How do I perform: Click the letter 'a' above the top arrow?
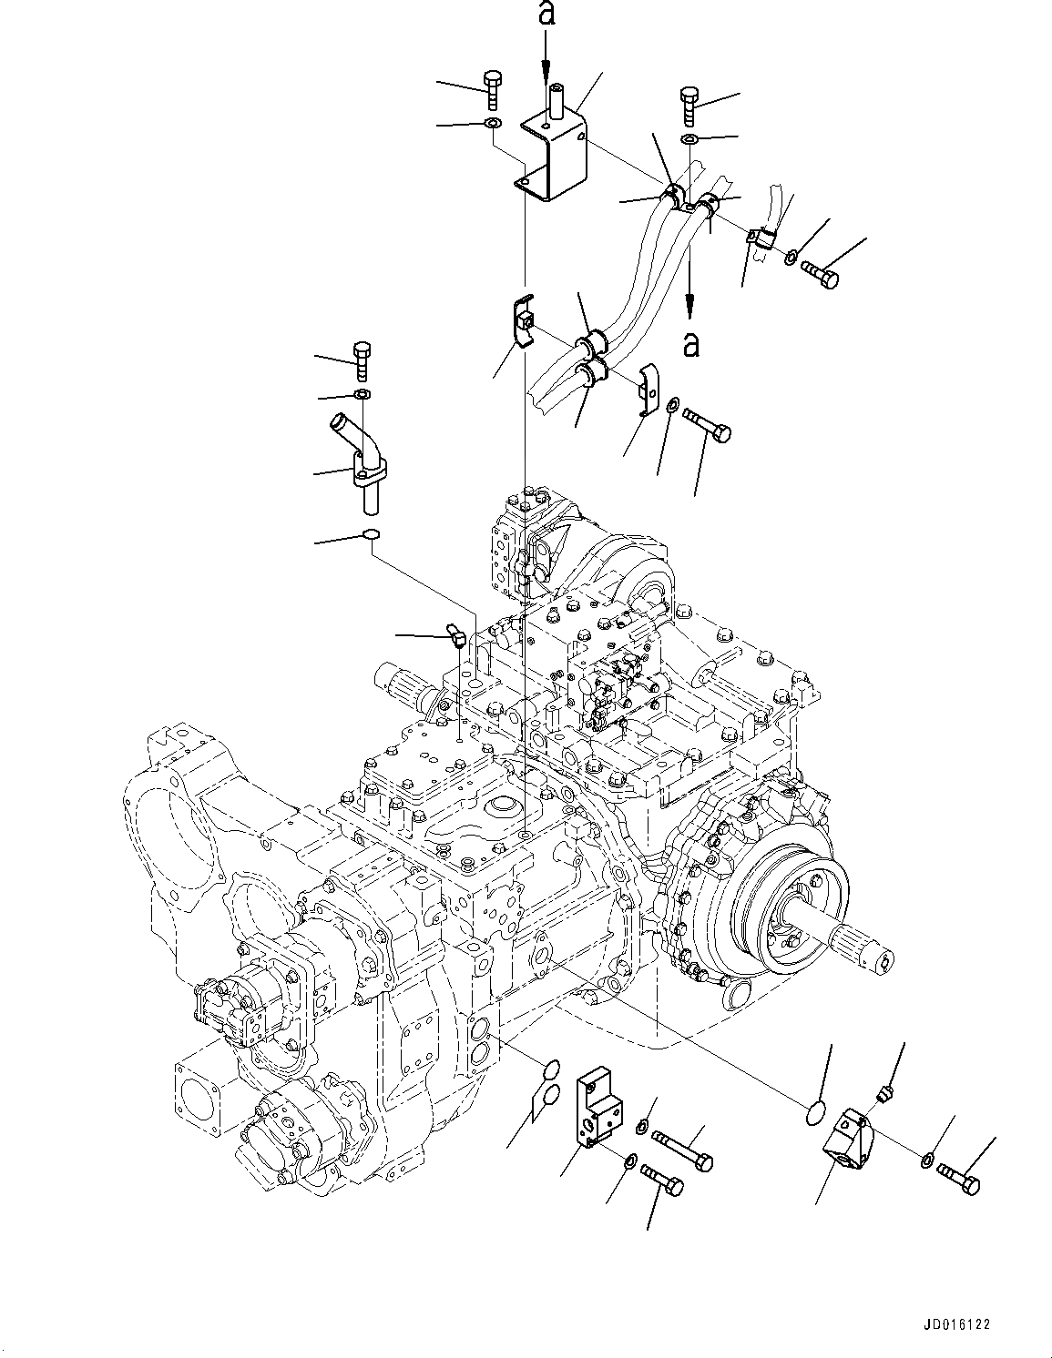pos(545,15)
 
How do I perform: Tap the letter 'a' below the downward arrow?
pos(691,344)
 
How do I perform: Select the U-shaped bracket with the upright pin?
pos(555,150)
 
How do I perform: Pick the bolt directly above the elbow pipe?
pos(362,361)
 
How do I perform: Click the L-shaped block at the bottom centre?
pos(598,1111)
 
